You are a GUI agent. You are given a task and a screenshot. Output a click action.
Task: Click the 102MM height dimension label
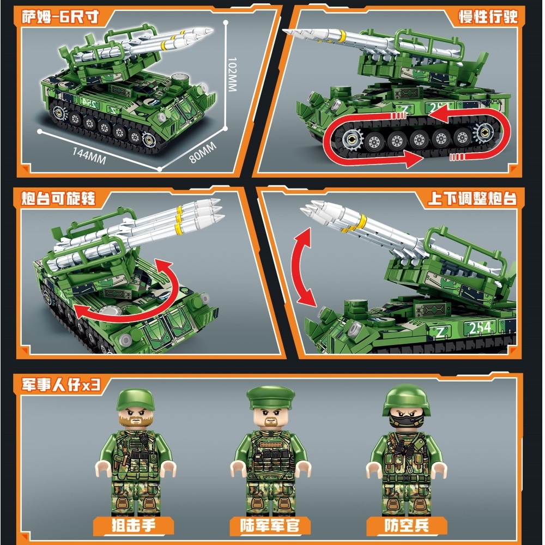click(x=232, y=74)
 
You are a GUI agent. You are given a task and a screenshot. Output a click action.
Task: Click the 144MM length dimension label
click(x=89, y=155)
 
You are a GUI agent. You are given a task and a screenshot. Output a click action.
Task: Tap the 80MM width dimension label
click(x=203, y=152)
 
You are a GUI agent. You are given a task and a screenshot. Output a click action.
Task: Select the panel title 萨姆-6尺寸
click(x=60, y=17)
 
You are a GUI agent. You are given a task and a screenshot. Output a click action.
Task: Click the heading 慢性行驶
click(x=488, y=16)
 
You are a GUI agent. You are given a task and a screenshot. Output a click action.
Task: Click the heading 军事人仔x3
click(x=61, y=384)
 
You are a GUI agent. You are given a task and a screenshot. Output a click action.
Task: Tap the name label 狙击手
click(x=133, y=525)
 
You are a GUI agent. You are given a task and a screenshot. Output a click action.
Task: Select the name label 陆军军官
click(x=270, y=525)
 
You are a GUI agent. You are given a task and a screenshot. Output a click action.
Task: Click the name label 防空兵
click(x=407, y=525)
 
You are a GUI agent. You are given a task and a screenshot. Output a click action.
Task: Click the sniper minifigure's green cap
click(x=135, y=399)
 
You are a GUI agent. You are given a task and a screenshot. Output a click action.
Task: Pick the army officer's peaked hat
click(x=271, y=397)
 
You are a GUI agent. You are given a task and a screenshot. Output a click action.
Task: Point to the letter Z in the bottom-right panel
click(x=440, y=332)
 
